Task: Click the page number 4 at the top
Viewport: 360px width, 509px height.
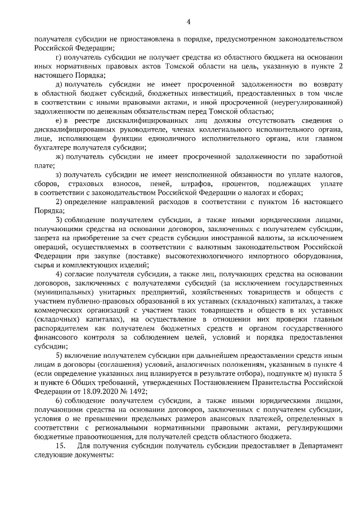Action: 189,22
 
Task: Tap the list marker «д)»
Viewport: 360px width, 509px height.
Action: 61,83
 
